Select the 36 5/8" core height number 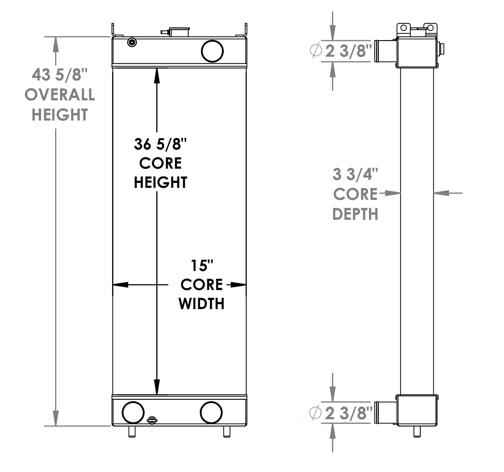(x=160, y=144)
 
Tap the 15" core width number (x=202, y=266)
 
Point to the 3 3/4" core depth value (x=355, y=174)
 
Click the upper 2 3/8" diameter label (x=348, y=51)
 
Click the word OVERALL (x=60, y=95)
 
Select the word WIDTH (x=201, y=304)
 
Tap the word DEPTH (x=355, y=214)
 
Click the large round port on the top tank (x=212, y=51)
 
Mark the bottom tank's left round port (x=133, y=412)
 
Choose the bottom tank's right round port (x=211, y=412)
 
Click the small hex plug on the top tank (x=132, y=43)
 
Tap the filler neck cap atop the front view (x=179, y=32)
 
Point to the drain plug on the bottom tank (x=152, y=420)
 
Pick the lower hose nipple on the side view (x=386, y=412)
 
